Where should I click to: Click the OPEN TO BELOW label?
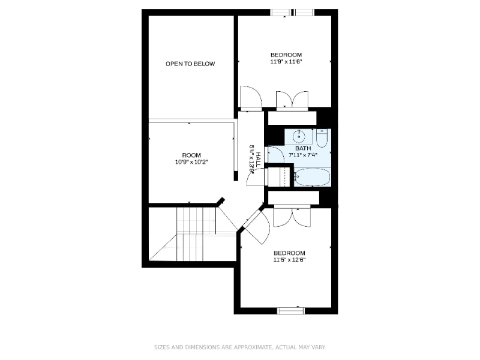tap(190, 64)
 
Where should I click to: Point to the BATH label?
tap(303, 148)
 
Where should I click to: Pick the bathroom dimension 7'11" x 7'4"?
tap(303, 155)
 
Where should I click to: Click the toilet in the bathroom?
tap(322, 139)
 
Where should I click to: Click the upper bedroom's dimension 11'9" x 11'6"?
tap(285, 61)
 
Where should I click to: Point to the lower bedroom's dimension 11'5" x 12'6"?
tap(289, 260)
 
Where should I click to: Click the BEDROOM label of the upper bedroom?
tap(286, 55)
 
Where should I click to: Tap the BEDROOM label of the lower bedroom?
tap(289, 253)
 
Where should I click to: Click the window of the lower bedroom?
tap(291, 310)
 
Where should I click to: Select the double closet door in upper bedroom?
tap(292, 100)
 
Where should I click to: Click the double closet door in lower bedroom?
tap(292, 217)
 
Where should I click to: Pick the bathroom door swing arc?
tap(275, 155)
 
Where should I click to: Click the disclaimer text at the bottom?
tap(240, 347)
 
